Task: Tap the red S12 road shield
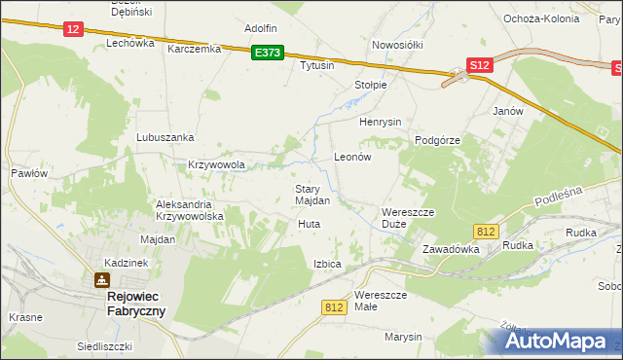click(478, 65)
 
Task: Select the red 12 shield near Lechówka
click(73, 30)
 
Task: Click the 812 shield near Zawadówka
click(488, 231)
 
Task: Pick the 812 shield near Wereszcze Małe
click(334, 306)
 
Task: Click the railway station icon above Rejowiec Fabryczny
click(101, 280)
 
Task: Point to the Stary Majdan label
click(312, 195)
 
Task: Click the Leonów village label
click(353, 156)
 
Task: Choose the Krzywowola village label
click(215, 165)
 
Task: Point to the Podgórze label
click(437, 140)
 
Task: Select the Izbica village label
click(327, 264)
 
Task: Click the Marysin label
click(403, 337)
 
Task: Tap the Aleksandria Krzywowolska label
click(190, 210)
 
